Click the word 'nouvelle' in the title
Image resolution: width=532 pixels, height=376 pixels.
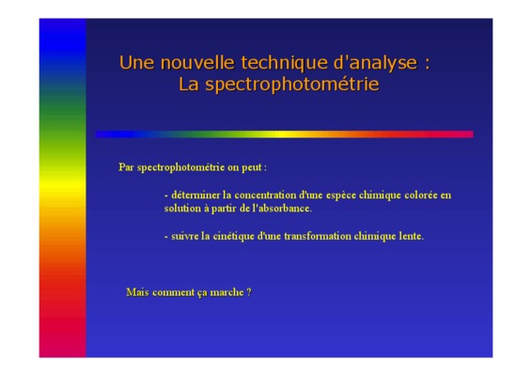(197, 63)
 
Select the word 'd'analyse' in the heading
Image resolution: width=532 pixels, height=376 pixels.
(375, 64)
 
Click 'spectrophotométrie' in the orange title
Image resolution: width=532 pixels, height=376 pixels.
(292, 85)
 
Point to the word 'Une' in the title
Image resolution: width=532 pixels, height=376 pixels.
(136, 63)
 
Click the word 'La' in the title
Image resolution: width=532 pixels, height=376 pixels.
(188, 85)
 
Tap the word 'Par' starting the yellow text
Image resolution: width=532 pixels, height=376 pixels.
(126, 167)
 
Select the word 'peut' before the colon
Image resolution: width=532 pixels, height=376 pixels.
(251, 167)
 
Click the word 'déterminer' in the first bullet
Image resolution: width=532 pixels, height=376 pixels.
(196, 196)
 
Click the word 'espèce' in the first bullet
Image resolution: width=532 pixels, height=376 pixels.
(340, 196)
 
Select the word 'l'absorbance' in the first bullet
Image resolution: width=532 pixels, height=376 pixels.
(282, 208)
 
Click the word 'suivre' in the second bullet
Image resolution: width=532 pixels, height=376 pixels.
(185, 236)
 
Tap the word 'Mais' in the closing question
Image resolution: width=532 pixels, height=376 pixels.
(137, 292)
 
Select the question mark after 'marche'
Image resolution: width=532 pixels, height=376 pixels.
(249, 292)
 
